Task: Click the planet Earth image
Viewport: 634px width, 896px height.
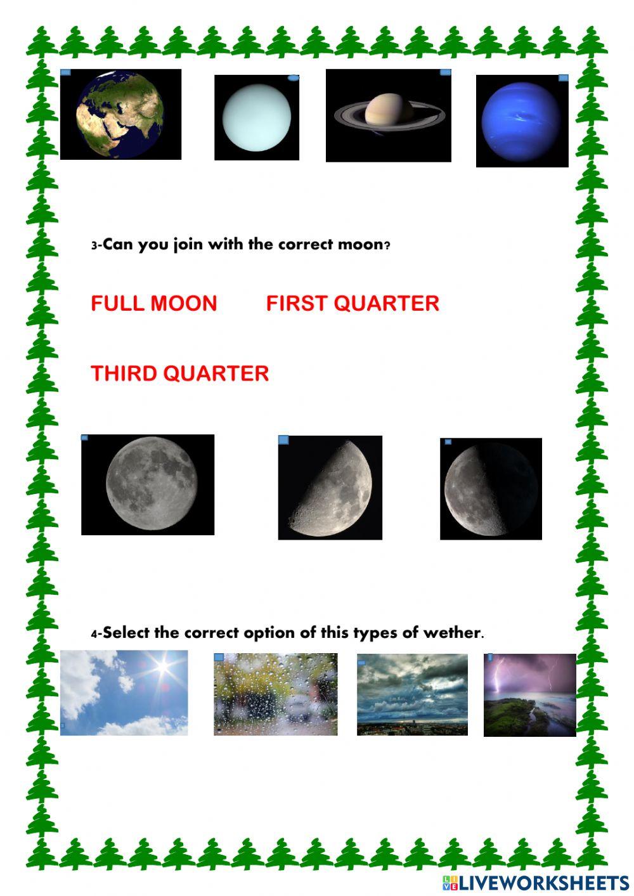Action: pos(120,115)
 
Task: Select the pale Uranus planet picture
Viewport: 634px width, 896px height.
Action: pos(257,118)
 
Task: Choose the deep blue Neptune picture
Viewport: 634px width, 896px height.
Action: pos(522,121)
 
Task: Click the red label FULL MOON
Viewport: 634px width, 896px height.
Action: pos(154,303)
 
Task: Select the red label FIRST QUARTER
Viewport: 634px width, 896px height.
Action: pos(353,303)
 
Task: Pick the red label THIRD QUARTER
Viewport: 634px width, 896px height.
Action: pos(180,373)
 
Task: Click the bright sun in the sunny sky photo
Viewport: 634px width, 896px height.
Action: pos(164,667)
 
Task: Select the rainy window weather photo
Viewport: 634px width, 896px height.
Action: pos(276,694)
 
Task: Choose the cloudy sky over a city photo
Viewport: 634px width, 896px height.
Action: pos(412,695)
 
